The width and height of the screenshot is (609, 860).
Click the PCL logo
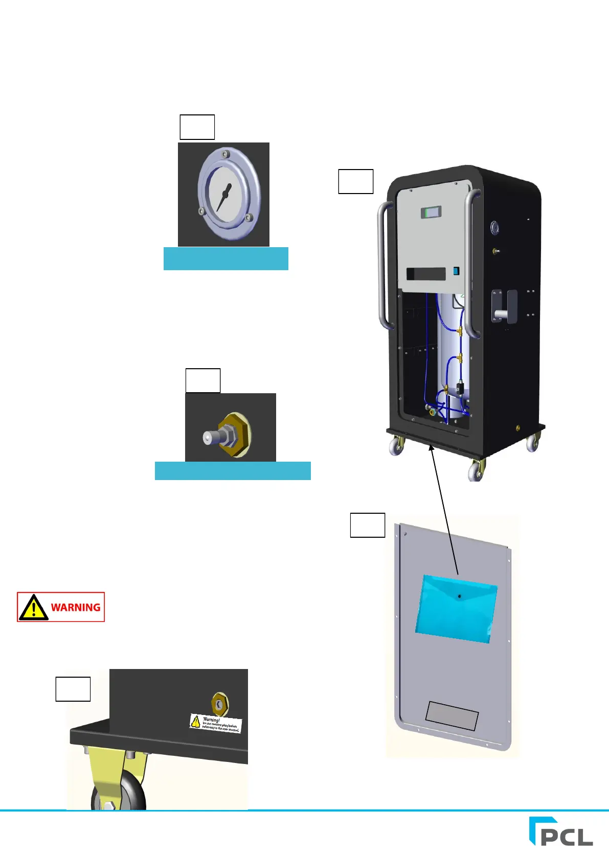pos(561,831)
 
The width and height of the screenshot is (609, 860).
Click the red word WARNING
pos(76,607)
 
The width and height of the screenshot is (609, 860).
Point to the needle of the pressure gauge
pos(223,198)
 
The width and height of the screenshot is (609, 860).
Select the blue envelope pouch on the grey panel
pos(456,608)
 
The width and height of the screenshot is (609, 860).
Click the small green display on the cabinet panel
pos(431,212)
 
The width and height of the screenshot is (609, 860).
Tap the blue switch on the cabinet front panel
pos(456,272)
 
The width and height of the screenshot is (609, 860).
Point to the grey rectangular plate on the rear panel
pos(452,715)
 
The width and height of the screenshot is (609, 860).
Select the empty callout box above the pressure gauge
pos(197,127)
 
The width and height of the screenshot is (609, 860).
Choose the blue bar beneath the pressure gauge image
pos(225,258)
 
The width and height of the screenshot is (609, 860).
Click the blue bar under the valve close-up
pos(233,470)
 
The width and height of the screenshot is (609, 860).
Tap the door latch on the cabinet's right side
pos(504,306)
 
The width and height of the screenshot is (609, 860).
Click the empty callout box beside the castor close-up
pos(73,689)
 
